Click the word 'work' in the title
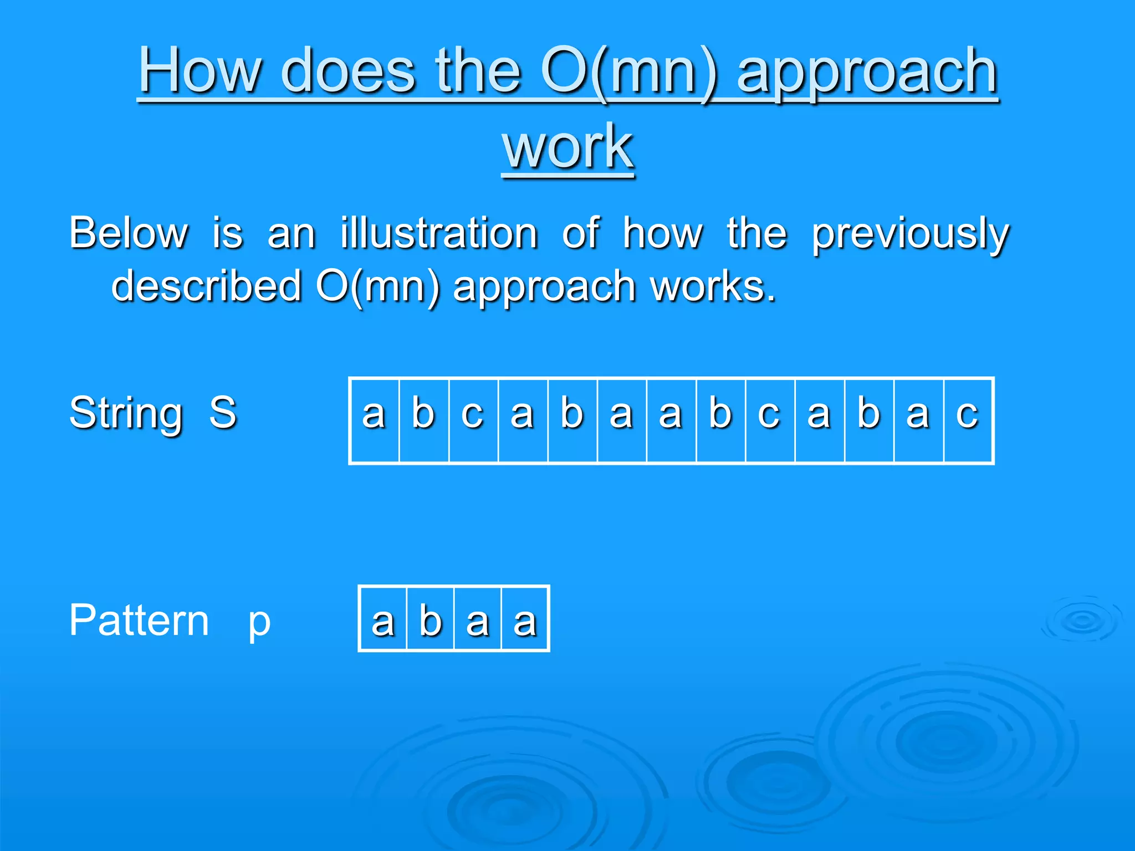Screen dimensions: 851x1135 click(x=567, y=147)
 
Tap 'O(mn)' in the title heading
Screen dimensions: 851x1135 click(x=629, y=71)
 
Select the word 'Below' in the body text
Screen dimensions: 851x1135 click(x=129, y=233)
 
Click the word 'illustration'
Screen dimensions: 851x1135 click(x=439, y=233)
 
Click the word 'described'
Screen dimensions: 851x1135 click(x=206, y=286)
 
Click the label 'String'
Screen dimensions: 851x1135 click(x=126, y=413)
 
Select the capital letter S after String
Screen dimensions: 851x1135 click(x=223, y=412)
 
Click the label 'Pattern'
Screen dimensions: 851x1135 click(x=139, y=620)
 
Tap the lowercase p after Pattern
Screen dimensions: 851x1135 click(x=259, y=622)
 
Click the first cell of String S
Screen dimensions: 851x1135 click(x=374, y=420)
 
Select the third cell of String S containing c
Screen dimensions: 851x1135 click(x=473, y=420)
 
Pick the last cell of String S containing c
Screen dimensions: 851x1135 click(x=968, y=420)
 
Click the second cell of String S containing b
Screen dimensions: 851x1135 click(x=424, y=420)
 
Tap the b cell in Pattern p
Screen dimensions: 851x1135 click(x=431, y=618)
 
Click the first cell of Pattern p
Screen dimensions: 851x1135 click(x=383, y=618)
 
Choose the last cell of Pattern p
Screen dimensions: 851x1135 click(x=525, y=618)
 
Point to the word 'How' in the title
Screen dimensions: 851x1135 click(x=200, y=71)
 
